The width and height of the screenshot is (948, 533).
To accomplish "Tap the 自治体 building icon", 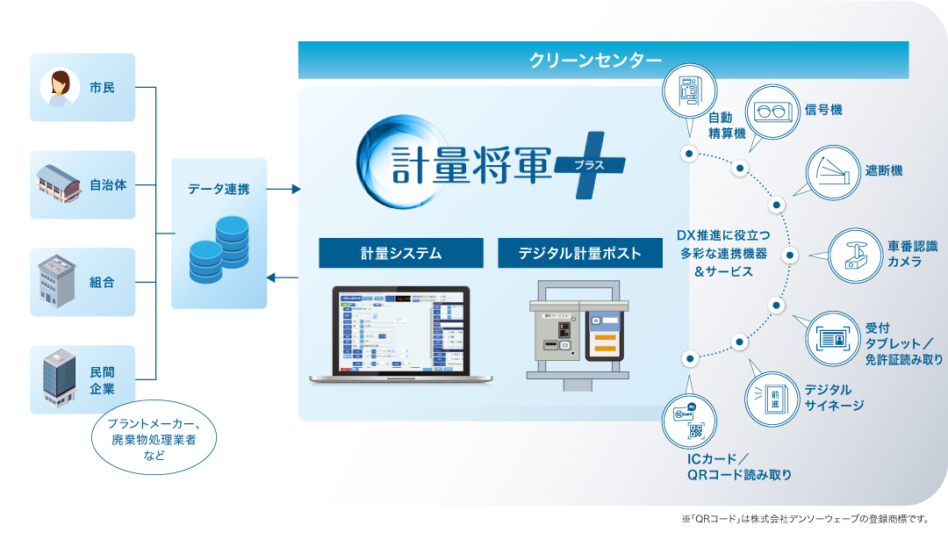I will pyautogui.click(x=58, y=184).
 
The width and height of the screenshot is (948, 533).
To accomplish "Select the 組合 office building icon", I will pyautogui.click(x=59, y=281).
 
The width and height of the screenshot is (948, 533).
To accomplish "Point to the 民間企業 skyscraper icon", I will pyautogui.click(x=59, y=378).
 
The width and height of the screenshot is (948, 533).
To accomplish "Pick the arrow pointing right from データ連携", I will pyautogui.click(x=282, y=189).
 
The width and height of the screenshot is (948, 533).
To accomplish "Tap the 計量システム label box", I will pyautogui.click(x=400, y=254).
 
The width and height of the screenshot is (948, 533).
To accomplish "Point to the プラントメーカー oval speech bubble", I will pyautogui.click(x=153, y=439).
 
